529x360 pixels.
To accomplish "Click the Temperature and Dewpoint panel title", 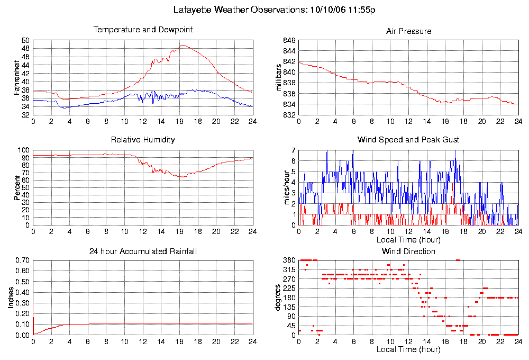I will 143,30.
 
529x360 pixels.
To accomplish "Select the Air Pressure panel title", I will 408,31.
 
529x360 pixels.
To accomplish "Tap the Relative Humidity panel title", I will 143,140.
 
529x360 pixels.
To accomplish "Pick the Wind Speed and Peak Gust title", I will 408,140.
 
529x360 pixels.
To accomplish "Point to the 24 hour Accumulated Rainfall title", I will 143,251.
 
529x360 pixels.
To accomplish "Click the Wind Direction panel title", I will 408,251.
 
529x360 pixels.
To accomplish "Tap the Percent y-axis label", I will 17,188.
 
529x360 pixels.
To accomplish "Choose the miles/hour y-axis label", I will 280,188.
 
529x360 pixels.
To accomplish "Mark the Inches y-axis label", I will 11,298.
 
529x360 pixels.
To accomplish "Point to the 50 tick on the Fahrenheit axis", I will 25,40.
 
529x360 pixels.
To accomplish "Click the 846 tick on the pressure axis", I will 289,40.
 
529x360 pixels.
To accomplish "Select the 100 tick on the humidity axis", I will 24,150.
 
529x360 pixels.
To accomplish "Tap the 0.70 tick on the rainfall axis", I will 22,260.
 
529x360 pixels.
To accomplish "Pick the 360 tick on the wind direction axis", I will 289,260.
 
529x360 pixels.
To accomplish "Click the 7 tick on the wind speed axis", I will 293,150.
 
